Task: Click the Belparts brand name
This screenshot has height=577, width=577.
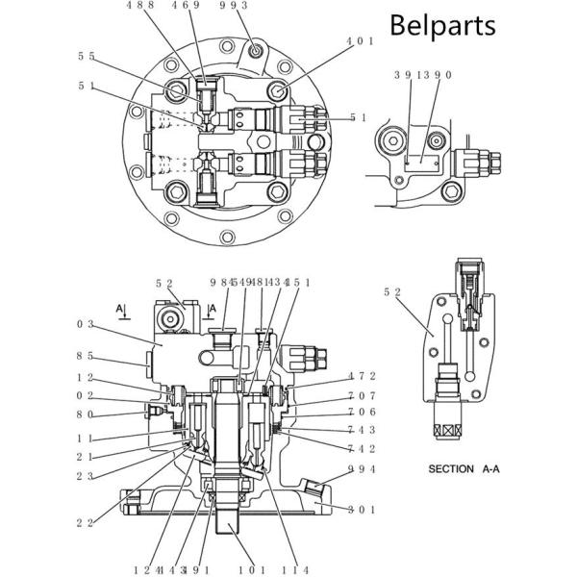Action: click(442, 24)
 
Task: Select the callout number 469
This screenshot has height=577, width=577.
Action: click(187, 6)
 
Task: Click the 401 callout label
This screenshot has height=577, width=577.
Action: click(360, 41)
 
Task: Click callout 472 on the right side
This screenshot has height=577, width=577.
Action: click(361, 376)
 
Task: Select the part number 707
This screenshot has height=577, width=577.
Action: click(361, 395)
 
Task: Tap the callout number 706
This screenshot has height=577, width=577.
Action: click(361, 412)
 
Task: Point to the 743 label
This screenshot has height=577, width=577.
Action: click(361, 430)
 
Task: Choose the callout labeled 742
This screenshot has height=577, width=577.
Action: click(361, 448)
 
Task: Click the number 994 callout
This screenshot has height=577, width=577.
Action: click(361, 469)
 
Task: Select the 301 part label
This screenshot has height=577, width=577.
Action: click(361, 509)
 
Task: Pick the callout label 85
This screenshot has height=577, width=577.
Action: click(86, 355)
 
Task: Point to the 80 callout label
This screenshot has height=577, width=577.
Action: click(86, 414)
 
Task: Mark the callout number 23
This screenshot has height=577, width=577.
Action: click(86, 476)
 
